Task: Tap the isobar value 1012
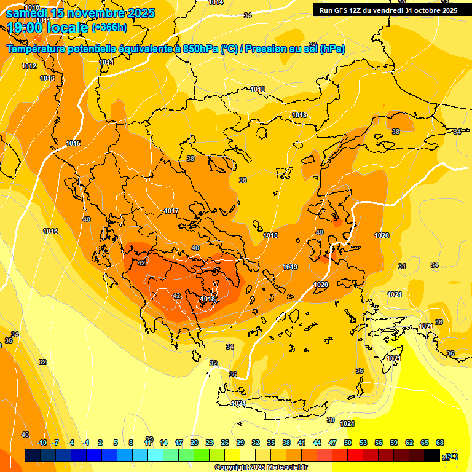coord(29,66)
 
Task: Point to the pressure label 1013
coord(47,78)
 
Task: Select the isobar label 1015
coord(73,143)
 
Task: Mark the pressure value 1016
coord(50,231)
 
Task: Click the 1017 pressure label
coord(171,211)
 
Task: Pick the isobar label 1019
coord(290,267)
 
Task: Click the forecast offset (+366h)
coord(109,27)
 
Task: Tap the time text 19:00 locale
coord(47,27)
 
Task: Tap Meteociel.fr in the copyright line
coord(283,468)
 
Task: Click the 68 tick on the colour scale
coord(439,442)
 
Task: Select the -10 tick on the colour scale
coord(42,442)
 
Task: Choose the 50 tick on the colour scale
coord(348,442)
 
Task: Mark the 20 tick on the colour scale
coord(194,442)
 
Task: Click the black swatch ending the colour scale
coord(432,455)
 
